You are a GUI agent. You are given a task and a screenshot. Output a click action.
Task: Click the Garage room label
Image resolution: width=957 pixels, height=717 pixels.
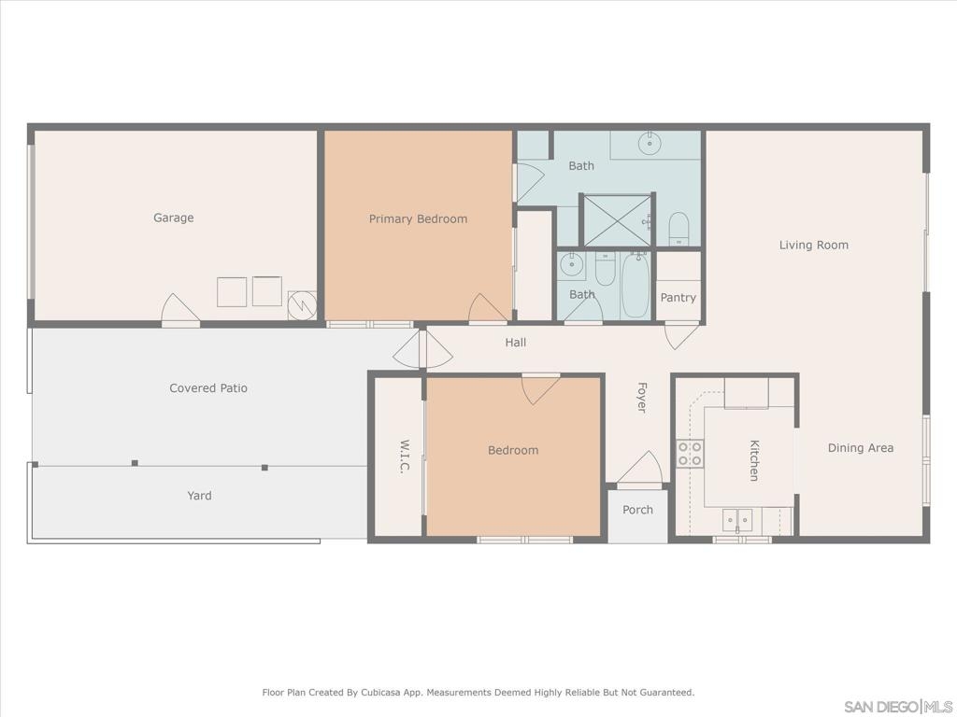173,218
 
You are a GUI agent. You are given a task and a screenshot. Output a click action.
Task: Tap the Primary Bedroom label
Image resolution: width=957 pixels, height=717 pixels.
418,218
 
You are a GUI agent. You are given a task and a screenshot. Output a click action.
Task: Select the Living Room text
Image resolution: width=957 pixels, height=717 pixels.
814,246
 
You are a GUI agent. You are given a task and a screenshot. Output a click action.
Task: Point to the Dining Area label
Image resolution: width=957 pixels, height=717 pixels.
861,448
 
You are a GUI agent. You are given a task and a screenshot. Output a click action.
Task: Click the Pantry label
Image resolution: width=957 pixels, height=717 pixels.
678,298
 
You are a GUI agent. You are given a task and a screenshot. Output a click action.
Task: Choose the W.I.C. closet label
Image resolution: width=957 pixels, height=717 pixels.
404,456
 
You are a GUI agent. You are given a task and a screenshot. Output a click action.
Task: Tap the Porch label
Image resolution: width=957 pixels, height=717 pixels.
637,510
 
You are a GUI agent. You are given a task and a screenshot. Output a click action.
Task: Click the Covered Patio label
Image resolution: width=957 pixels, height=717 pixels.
208,388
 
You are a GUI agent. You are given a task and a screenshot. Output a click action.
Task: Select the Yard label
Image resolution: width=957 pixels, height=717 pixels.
200,496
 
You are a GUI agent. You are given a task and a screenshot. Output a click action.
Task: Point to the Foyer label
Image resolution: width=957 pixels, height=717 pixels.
641,398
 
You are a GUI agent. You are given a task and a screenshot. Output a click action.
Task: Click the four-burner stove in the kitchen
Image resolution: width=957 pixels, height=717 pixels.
690,454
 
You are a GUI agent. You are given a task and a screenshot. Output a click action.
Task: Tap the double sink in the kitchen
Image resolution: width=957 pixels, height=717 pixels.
738,520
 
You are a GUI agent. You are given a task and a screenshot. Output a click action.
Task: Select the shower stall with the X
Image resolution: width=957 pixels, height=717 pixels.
618,220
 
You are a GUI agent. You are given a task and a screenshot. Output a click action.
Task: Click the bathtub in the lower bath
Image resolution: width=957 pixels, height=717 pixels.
636,286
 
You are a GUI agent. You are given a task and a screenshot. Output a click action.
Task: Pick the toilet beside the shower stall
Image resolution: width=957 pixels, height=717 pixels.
678,229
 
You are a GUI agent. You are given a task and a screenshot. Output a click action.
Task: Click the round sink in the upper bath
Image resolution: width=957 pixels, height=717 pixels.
650,144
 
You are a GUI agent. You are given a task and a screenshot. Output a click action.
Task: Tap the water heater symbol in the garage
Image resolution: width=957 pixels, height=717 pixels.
302,305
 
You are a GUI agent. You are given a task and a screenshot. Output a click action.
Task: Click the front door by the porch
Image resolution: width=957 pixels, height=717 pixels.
639,471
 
